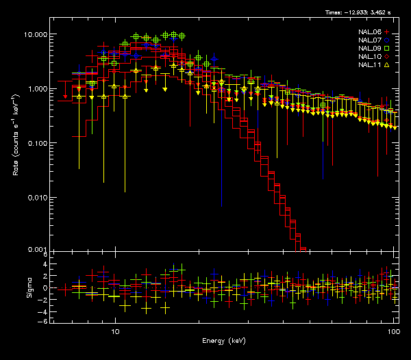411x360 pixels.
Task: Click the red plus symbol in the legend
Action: click(x=387, y=31)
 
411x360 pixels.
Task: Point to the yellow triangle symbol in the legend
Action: click(x=387, y=64)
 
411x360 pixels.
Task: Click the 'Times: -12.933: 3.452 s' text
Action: click(x=362, y=13)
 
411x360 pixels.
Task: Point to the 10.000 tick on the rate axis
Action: click(x=34, y=34)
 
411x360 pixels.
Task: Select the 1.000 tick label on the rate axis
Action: click(x=35, y=89)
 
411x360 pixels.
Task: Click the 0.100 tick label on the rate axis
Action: click(x=35, y=143)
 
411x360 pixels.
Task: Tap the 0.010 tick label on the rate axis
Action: click(x=35, y=198)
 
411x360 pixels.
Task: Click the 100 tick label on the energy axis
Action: click(x=393, y=331)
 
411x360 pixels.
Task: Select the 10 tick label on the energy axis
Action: click(x=116, y=331)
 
